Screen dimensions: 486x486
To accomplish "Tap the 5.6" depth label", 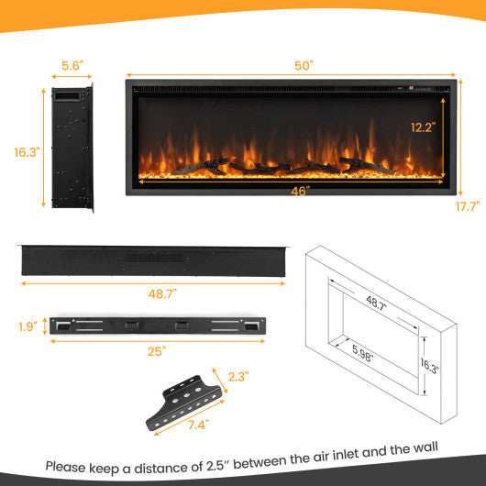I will point(72,66).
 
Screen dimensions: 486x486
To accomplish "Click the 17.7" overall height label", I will point(468,206).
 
